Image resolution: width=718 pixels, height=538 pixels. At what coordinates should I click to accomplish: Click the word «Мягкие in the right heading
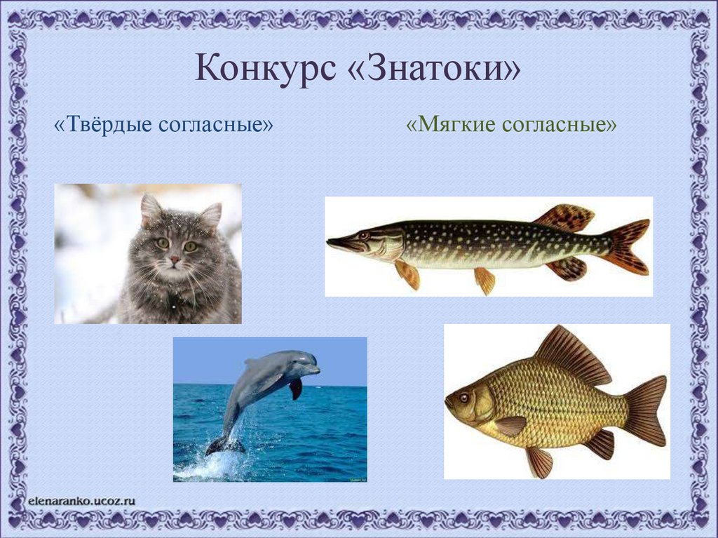point(449,125)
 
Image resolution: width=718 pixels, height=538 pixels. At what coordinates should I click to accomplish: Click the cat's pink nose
point(174,260)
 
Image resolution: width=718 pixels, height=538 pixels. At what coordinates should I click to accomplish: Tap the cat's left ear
point(150,208)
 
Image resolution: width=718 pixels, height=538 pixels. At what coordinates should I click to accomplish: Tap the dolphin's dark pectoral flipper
point(296,388)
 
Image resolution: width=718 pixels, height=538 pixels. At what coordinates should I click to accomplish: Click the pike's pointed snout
point(333,243)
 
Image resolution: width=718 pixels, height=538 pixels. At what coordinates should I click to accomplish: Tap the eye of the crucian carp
point(463,398)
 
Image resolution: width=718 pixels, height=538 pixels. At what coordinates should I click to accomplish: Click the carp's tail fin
point(644,410)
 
